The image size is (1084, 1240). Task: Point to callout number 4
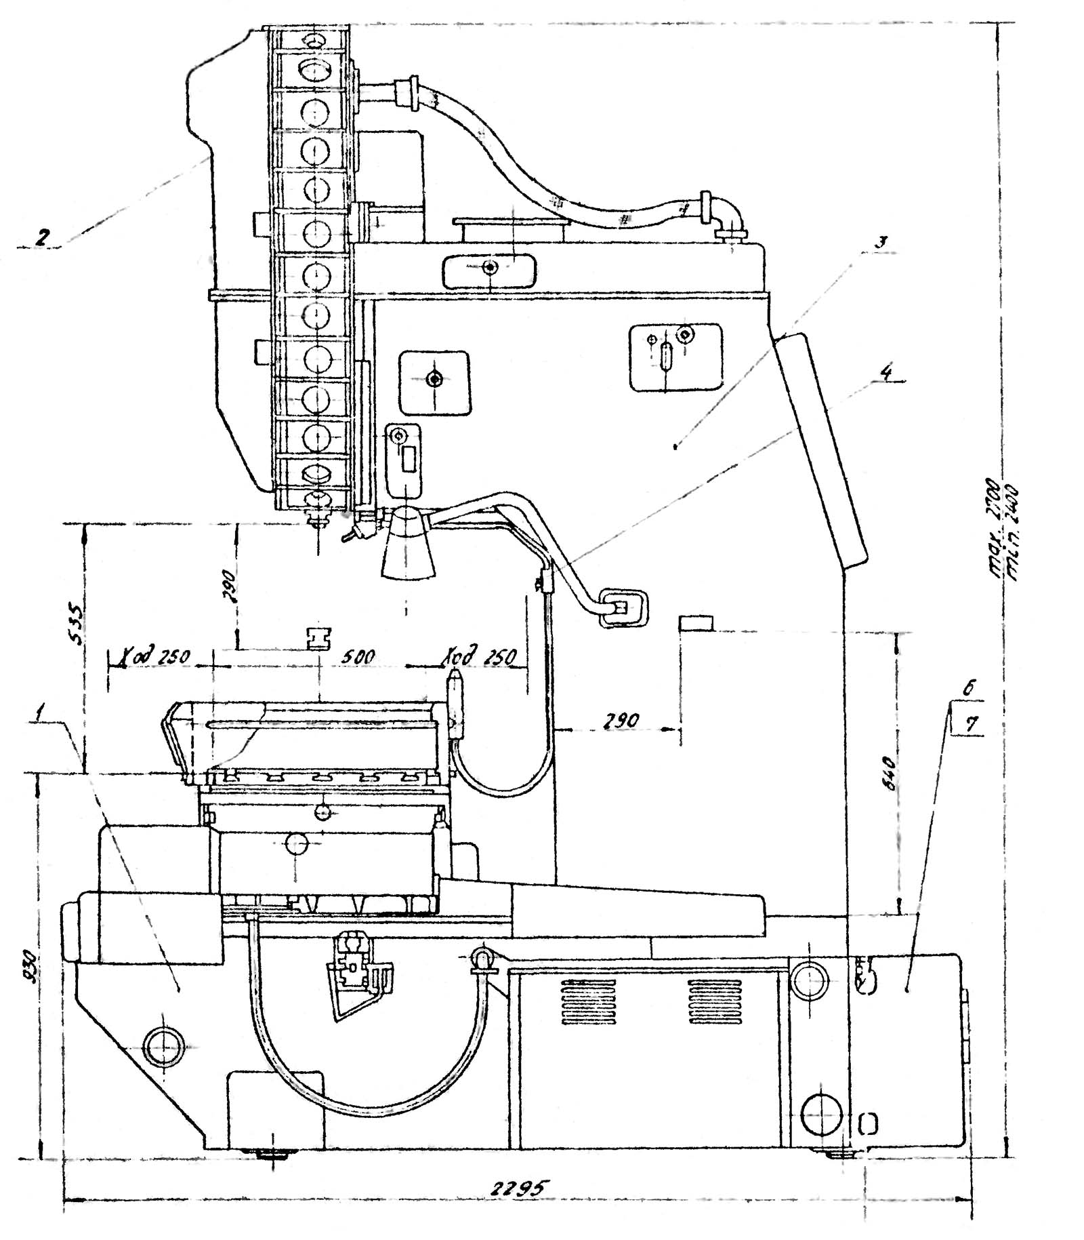click(x=888, y=373)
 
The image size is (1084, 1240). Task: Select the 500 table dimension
click(x=358, y=656)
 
